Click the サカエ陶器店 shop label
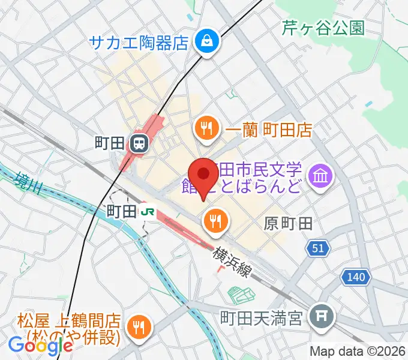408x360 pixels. tap(139, 43)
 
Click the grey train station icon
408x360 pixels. tap(139, 143)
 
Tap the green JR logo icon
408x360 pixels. tap(147, 211)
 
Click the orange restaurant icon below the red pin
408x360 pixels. tap(215, 222)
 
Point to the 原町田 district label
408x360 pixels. tap(288, 224)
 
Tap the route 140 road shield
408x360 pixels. tap(355, 277)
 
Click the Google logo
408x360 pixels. tap(40, 345)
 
